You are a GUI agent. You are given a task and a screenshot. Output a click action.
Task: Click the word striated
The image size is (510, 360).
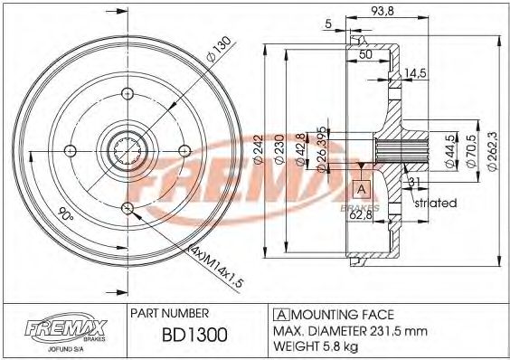click(435, 204)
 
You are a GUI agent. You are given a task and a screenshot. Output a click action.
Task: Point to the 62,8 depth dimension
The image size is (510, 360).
click(363, 214)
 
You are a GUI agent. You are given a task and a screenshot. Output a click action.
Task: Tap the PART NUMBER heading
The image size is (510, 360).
click(171, 313)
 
